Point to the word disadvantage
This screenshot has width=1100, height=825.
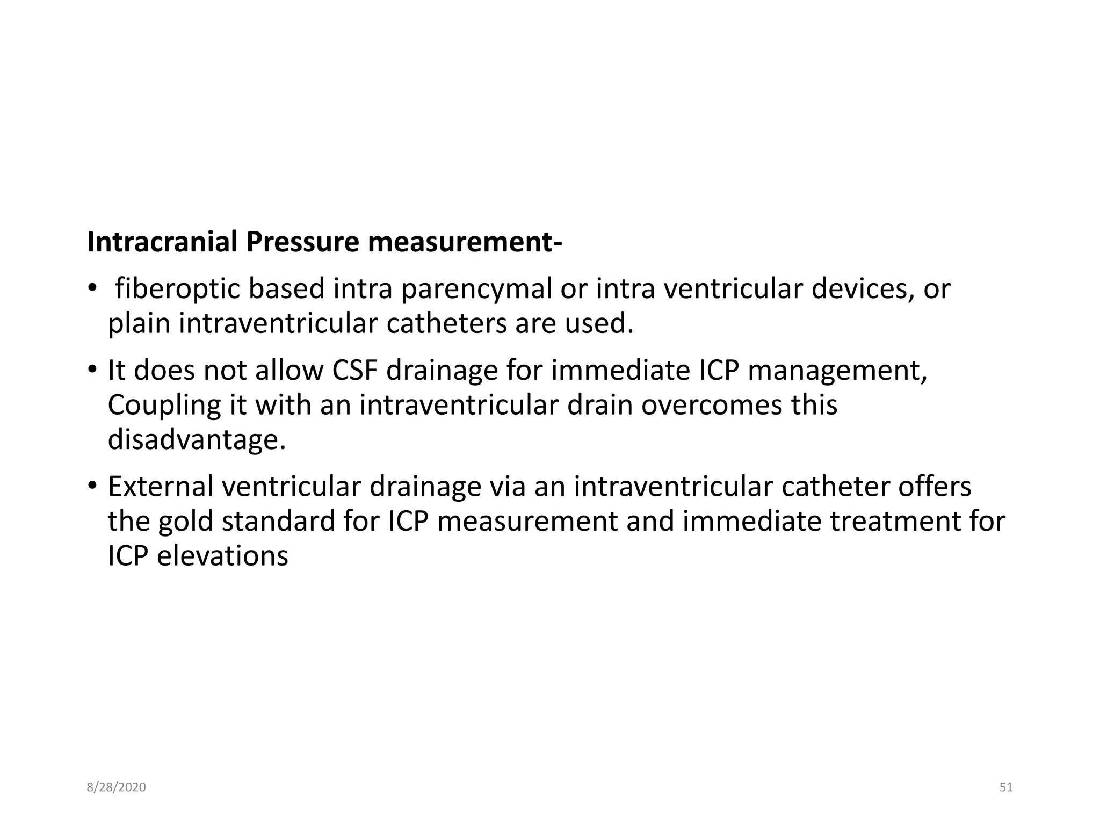click(x=197, y=440)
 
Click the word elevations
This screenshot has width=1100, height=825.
click(x=222, y=555)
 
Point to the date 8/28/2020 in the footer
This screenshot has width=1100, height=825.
click(x=116, y=787)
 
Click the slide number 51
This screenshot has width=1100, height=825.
click(x=1006, y=787)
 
